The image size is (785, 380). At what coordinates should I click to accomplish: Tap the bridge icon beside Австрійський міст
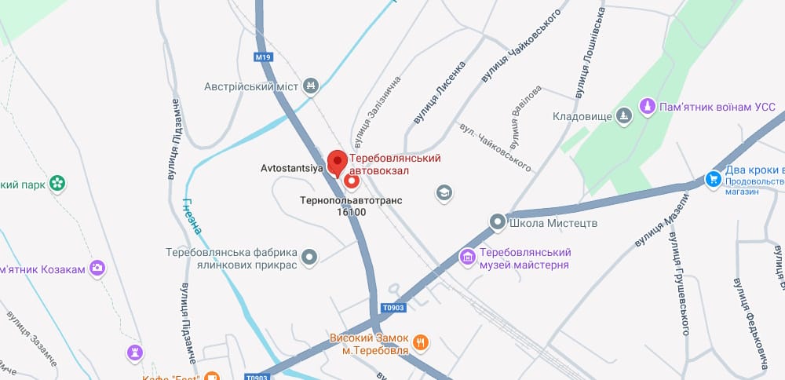coord(312,86)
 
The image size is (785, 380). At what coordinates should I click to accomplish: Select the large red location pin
coord(338,163)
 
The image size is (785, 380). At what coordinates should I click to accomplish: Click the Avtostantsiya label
coord(290,168)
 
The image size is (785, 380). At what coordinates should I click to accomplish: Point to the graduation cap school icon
coord(444,192)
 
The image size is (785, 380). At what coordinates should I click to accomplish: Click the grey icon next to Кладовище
coord(624,116)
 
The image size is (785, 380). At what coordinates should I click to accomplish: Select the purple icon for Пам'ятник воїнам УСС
coord(648,104)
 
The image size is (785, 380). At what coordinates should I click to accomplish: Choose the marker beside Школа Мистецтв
coord(498,223)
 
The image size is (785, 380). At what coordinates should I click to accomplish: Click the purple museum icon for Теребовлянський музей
coord(467,257)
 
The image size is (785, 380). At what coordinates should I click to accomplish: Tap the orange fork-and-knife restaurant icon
coord(421,342)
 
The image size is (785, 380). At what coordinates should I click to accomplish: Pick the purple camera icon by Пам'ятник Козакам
coord(97,269)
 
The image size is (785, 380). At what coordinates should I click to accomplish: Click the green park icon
coord(57,184)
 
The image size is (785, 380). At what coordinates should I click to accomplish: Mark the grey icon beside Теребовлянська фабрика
coord(310,256)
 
